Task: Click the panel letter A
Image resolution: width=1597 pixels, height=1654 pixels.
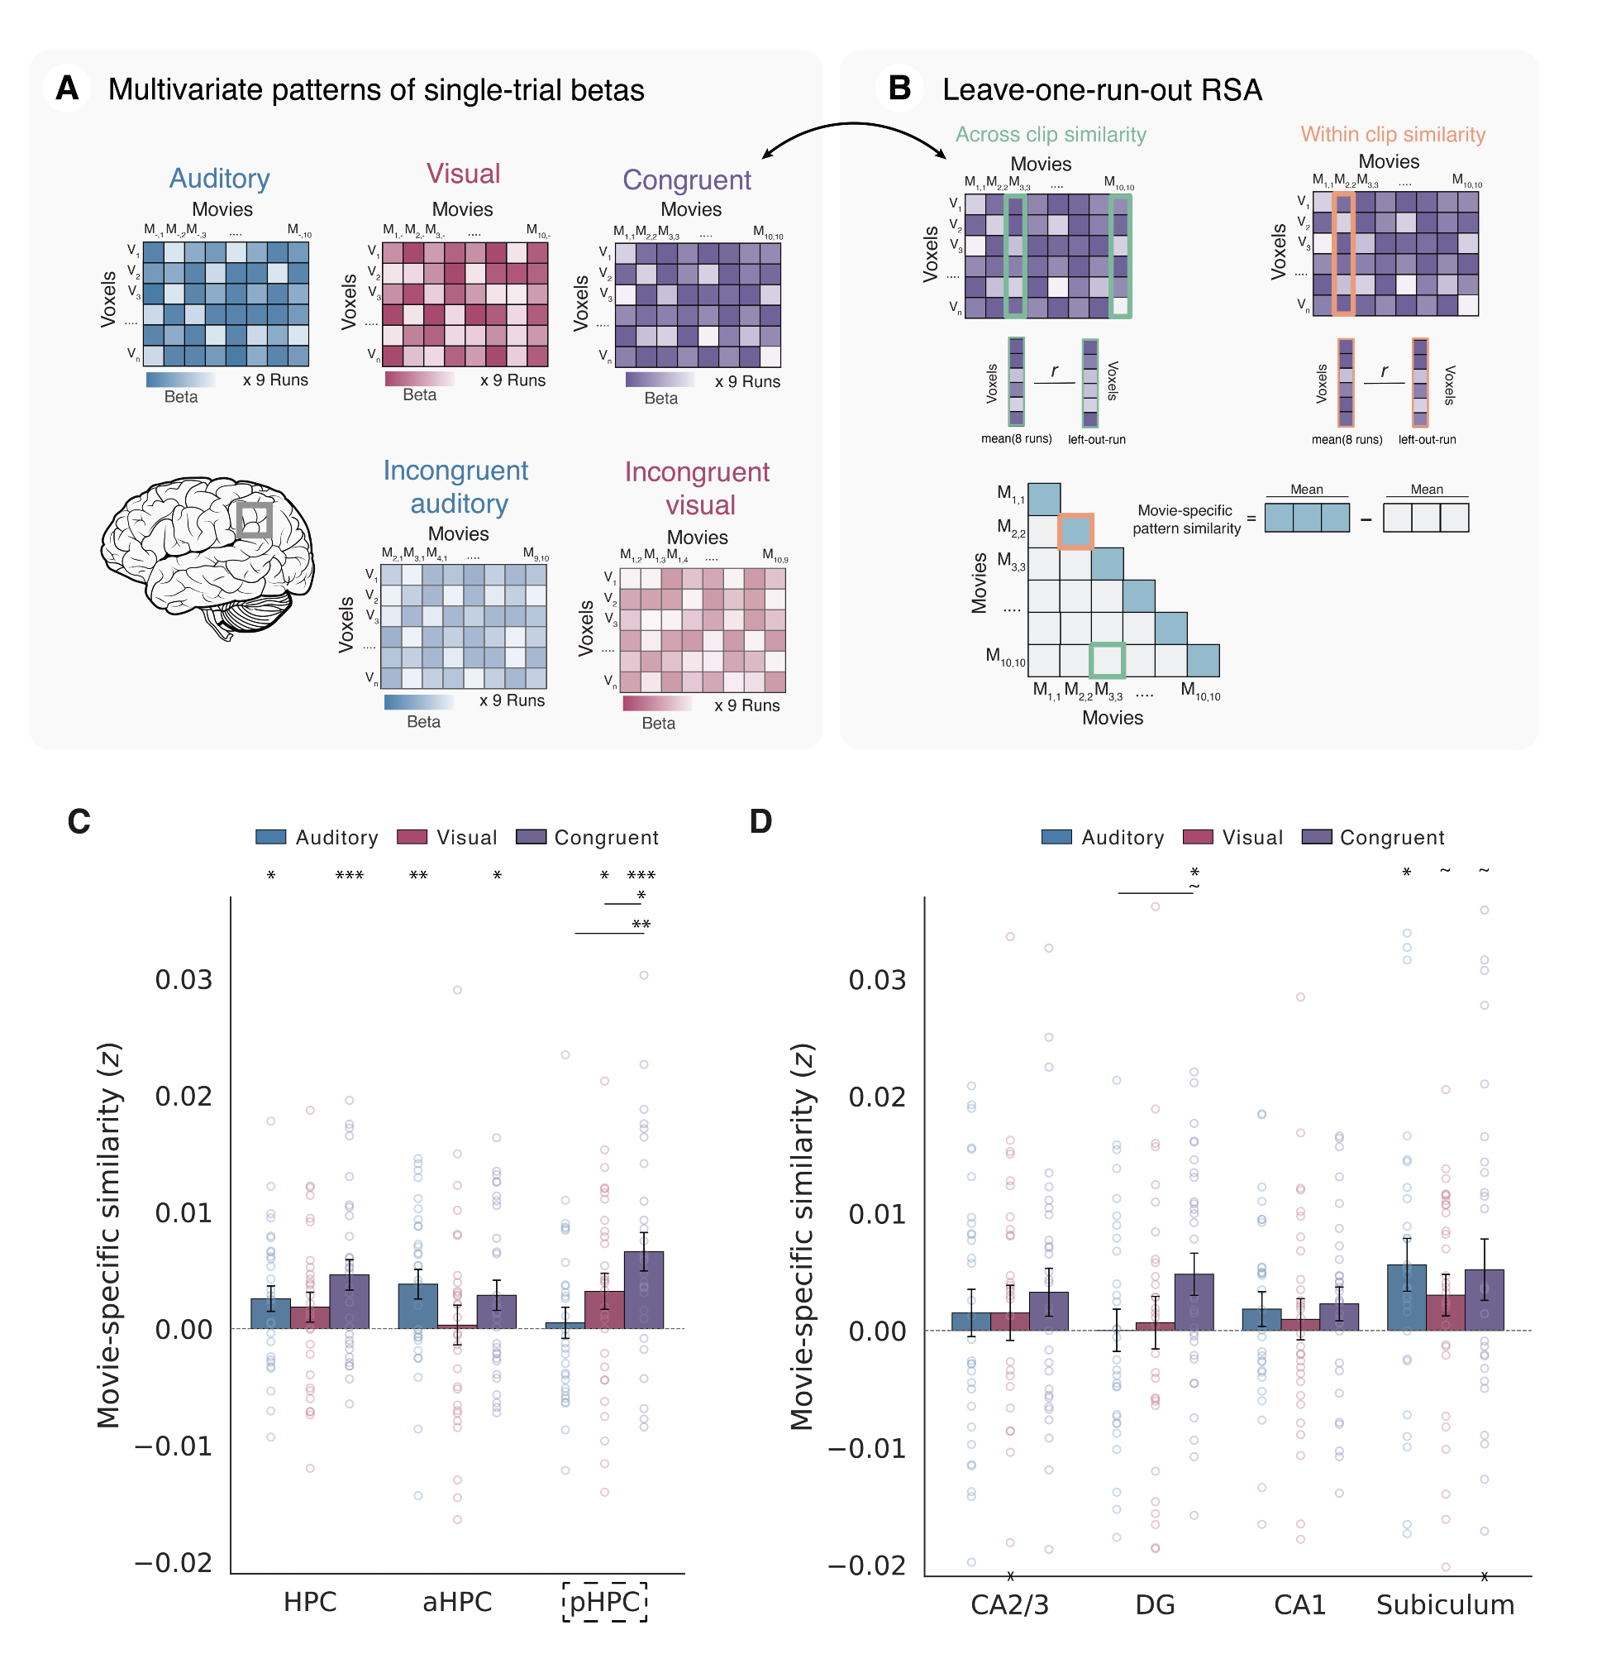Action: click(x=67, y=88)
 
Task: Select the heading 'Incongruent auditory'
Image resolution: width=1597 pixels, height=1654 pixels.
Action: click(x=456, y=487)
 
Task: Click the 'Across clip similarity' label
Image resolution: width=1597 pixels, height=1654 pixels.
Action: click(x=1051, y=134)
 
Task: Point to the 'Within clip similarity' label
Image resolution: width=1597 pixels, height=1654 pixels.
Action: click(x=1393, y=134)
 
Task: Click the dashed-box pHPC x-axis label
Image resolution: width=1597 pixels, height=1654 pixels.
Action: click(x=605, y=1603)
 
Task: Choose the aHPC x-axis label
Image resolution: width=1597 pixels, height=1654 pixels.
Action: click(x=456, y=1603)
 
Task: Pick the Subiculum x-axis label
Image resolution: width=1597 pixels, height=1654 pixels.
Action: click(x=1445, y=1605)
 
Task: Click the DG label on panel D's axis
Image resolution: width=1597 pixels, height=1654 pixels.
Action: click(x=1155, y=1605)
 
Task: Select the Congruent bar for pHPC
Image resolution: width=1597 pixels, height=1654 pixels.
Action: click(x=644, y=1291)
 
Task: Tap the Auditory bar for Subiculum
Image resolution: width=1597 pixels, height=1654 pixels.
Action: click(x=1406, y=1299)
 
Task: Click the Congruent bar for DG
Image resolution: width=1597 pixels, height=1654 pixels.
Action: click(x=1194, y=1304)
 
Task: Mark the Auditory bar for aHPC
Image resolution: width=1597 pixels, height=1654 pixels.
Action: click(x=417, y=1307)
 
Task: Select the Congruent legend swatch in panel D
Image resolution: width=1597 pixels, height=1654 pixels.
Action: click(x=1317, y=837)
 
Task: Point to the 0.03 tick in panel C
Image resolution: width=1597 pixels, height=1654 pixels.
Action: click(x=183, y=980)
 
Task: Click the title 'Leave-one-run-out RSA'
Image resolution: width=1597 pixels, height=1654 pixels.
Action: click(x=1102, y=89)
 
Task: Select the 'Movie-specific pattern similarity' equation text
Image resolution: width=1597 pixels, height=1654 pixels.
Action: click(x=1185, y=520)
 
